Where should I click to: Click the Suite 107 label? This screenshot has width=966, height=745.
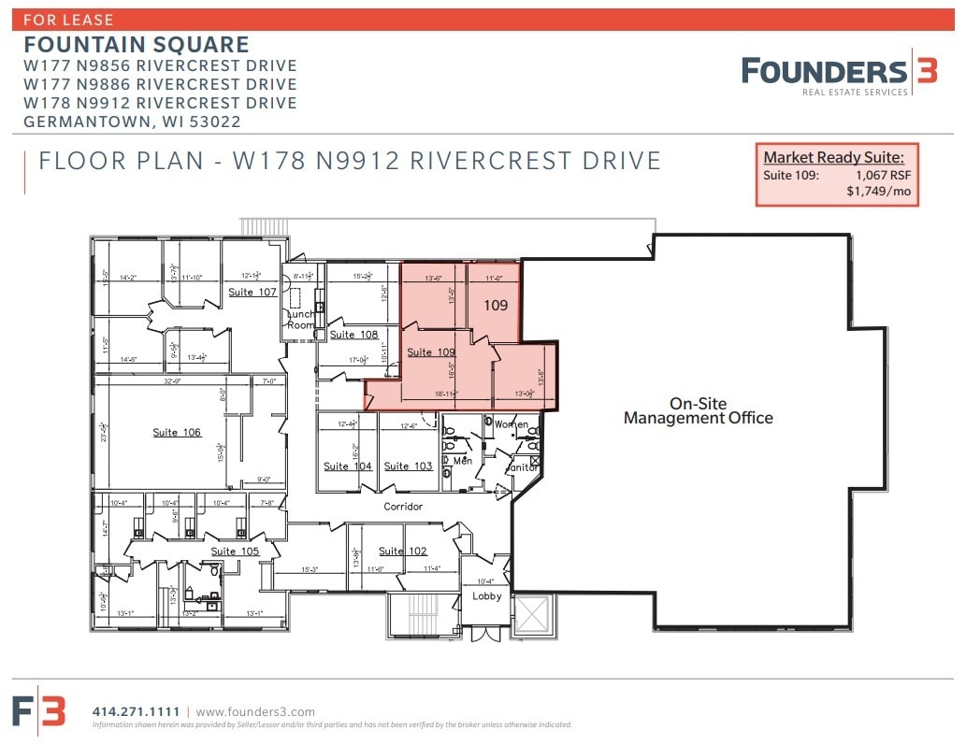252,293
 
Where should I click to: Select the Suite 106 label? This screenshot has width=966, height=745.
178,433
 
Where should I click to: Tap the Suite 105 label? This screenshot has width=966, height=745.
235,552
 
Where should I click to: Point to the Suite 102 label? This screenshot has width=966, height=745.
403,552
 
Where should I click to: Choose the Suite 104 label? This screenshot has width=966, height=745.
348,466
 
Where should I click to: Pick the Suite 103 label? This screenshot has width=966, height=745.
409,466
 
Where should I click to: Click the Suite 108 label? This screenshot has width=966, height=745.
353,335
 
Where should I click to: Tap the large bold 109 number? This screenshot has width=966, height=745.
496,306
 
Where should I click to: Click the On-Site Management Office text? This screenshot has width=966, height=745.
698,411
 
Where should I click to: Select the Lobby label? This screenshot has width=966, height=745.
486,596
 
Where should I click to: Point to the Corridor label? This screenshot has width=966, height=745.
403,507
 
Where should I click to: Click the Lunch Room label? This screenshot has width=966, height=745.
300,320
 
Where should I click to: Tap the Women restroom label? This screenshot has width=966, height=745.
511,424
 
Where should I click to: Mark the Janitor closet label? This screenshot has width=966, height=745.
522,467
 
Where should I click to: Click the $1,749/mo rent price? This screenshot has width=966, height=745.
878,192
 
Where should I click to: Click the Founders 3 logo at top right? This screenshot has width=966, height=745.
839,73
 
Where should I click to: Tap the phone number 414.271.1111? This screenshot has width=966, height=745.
137,711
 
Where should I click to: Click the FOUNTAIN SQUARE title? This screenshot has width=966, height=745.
137,45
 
